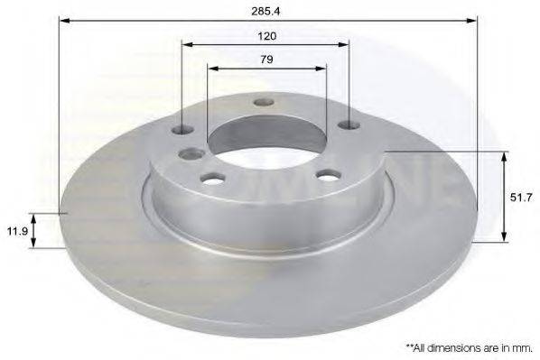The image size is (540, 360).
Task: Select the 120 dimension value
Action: (x=266, y=36)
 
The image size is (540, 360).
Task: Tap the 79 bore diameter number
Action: (x=266, y=60)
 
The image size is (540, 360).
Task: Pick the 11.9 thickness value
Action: (x=15, y=230)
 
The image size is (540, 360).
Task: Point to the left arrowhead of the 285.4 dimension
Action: (x=63, y=19)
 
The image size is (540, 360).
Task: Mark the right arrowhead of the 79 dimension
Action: (x=321, y=67)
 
